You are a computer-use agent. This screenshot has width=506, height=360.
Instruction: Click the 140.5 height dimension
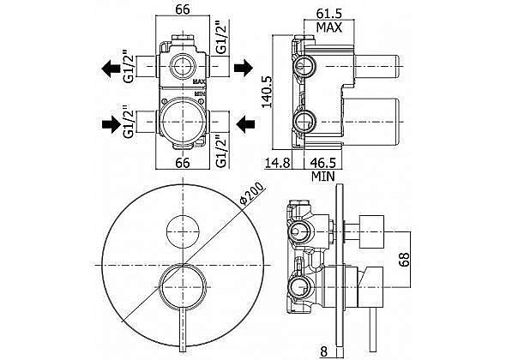[268, 92]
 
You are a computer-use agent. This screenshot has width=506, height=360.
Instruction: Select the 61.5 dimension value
[328, 14]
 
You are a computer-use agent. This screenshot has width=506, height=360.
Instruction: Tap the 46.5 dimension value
[323, 163]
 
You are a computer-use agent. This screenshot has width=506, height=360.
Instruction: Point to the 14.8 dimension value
[278, 163]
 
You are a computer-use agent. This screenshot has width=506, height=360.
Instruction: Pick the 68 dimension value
[404, 259]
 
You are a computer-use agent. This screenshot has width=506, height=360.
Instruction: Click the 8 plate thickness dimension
[323, 351]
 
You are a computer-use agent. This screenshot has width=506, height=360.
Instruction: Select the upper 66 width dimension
[183, 9]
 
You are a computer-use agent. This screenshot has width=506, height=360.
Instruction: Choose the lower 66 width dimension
[183, 163]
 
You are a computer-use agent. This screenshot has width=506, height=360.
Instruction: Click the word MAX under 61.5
[328, 27]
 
